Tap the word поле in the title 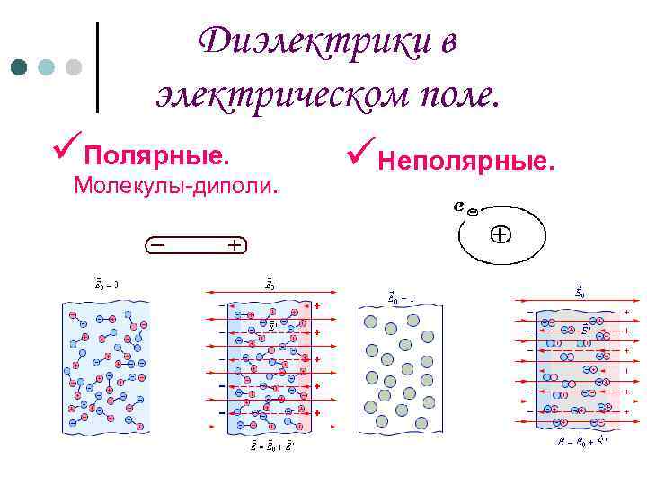click(x=449, y=93)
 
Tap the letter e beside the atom click(x=459, y=205)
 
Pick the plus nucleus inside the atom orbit click(x=499, y=235)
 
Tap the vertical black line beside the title click(x=96, y=67)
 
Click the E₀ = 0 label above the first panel click(x=107, y=284)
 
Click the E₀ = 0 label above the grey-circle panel click(x=401, y=295)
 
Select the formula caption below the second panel click(x=269, y=446)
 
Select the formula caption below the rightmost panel click(x=581, y=441)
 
